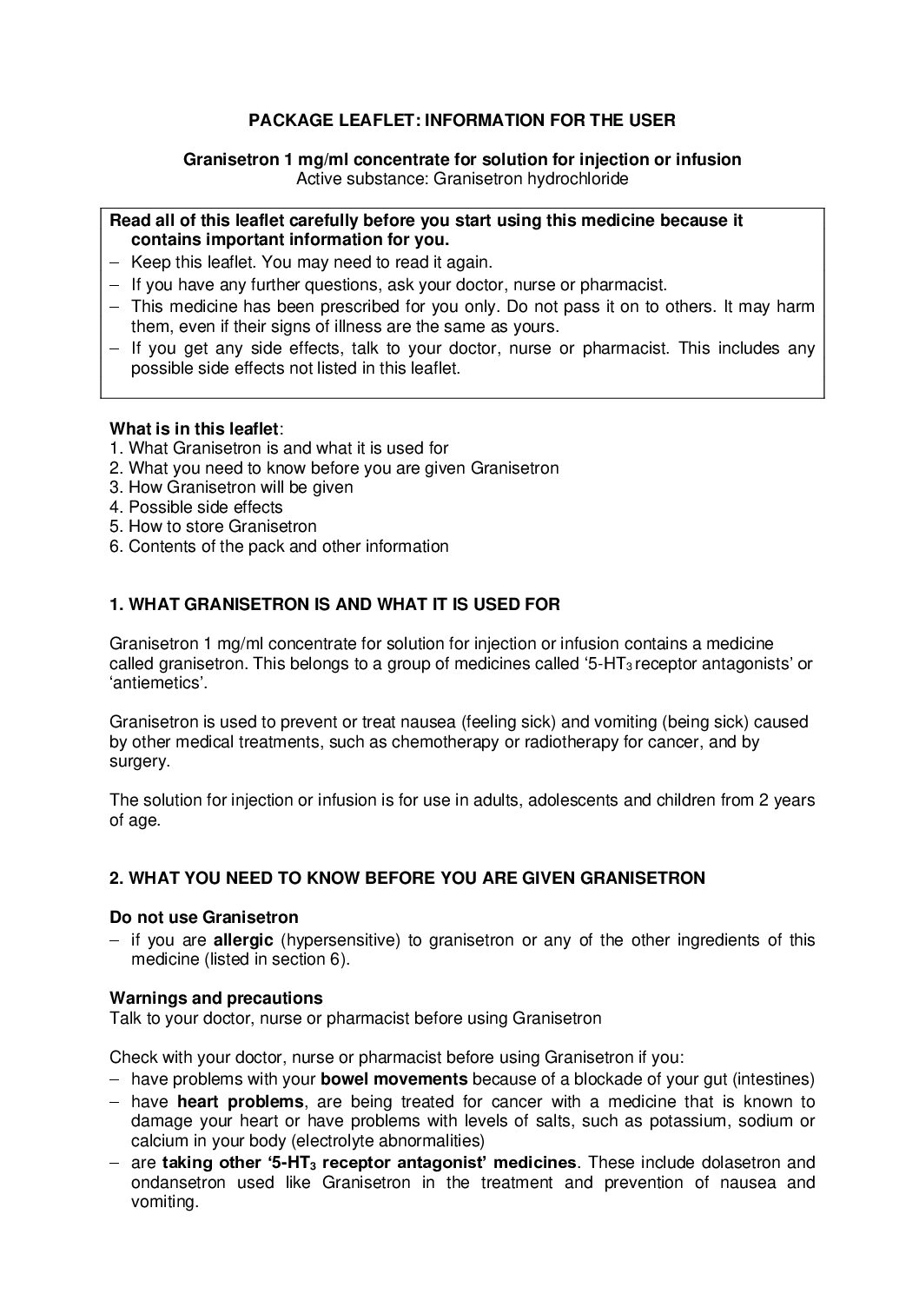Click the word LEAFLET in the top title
click(x=368, y=121)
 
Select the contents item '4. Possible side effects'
click(x=196, y=507)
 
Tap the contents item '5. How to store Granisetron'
click(x=213, y=527)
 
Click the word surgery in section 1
click(x=138, y=761)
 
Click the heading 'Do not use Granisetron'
click(x=203, y=917)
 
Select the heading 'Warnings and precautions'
click(x=216, y=998)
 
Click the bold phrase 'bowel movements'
click(x=394, y=1079)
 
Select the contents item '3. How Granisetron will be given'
click(x=231, y=488)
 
